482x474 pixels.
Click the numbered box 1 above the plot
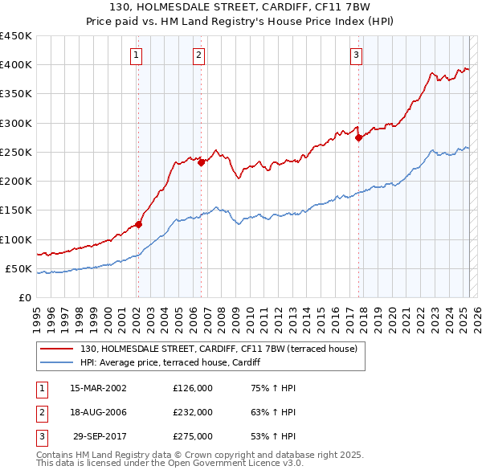(x=137, y=55)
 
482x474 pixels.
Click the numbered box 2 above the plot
(x=198, y=55)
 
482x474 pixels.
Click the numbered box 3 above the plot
(x=356, y=55)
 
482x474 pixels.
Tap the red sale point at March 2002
(x=138, y=225)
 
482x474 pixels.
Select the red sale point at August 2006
(x=202, y=161)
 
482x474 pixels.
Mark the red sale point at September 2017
(x=359, y=137)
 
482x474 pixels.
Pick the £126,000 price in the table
(x=193, y=388)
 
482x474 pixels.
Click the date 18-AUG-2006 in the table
(x=98, y=412)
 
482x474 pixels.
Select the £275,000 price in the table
(x=193, y=436)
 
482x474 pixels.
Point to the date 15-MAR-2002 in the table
(x=98, y=388)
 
